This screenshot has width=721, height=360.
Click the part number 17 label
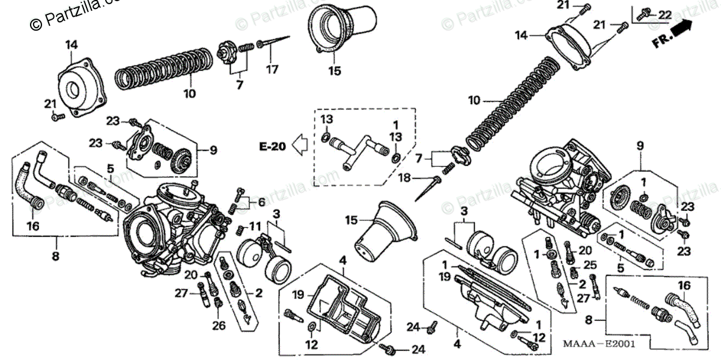tap(272, 69)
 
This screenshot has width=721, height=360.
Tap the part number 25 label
tap(590, 265)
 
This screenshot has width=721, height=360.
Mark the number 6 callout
tap(261, 202)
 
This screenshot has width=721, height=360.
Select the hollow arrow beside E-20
tap(299, 145)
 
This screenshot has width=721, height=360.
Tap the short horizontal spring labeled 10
tap(162, 70)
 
